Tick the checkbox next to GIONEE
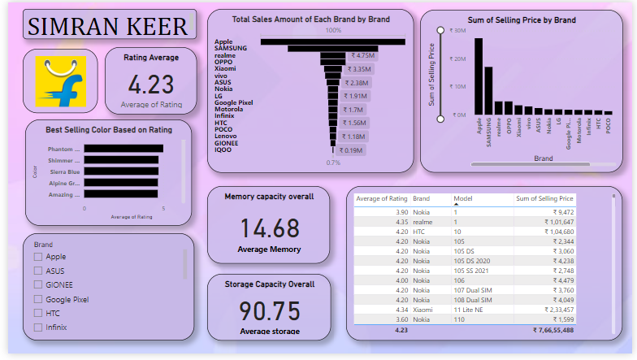[38, 284]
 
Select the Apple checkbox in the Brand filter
[38, 257]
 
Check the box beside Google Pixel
[38, 299]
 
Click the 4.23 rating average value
[151, 85]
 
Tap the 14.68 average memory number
[269, 228]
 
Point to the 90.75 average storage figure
[269, 311]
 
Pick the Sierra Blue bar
[121, 171]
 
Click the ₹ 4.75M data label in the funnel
[357, 56]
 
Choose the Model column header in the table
[462, 198]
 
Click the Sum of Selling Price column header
[544, 198]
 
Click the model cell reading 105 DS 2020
[474, 262]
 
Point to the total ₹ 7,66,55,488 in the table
[553, 331]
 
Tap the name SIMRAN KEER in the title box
[108, 26]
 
